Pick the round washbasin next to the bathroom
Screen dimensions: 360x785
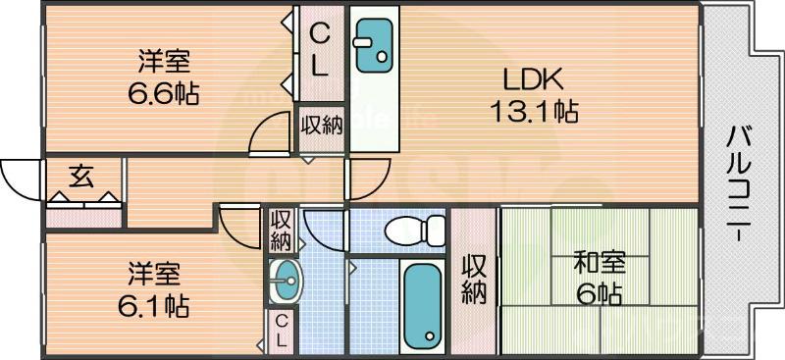(x=284, y=283)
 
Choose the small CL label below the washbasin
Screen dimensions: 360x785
(x=280, y=332)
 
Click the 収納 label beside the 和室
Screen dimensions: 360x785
(x=475, y=279)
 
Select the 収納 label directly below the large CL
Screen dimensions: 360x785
(x=321, y=126)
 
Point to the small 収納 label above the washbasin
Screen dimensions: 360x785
(x=280, y=229)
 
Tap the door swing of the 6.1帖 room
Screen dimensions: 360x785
(x=238, y=227)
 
